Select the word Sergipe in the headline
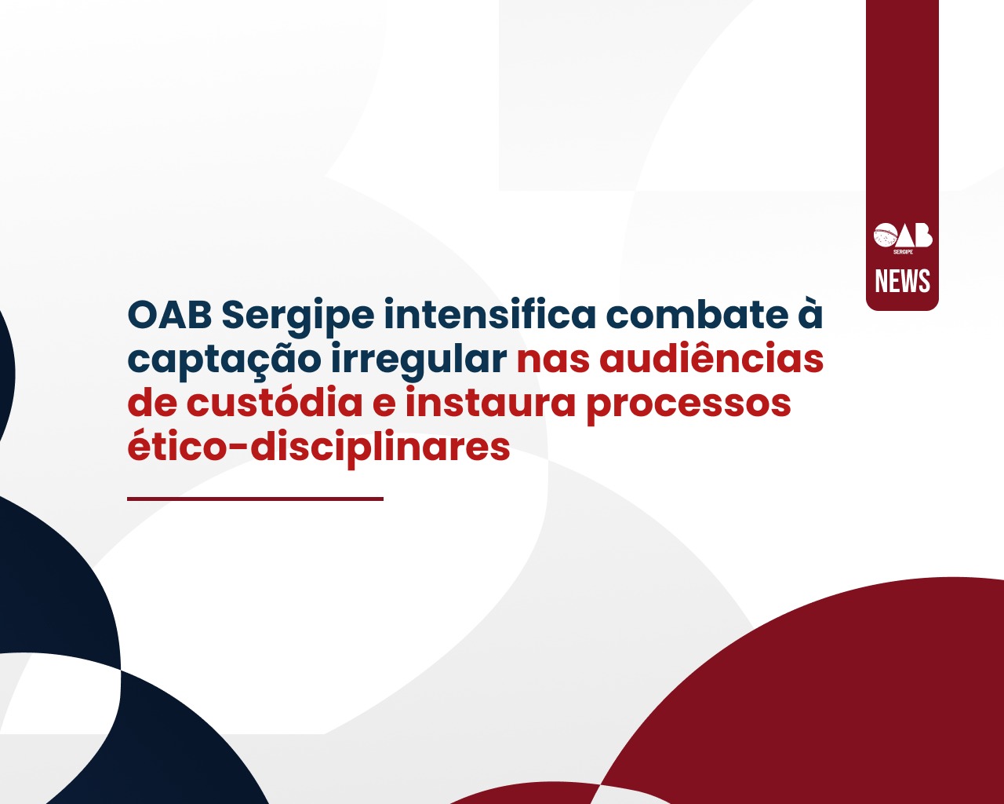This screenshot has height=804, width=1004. point(297,319)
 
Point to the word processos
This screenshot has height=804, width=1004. point(688,405)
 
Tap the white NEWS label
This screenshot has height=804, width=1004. point(902,281)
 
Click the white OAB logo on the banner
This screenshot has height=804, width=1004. point(903,238)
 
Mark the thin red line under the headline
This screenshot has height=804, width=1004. point(255,499)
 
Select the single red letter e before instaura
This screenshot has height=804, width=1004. point(384,405)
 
